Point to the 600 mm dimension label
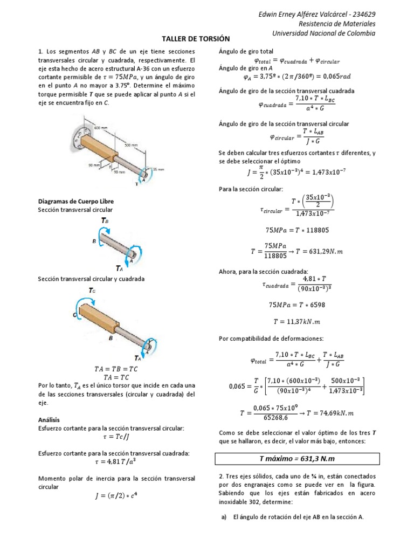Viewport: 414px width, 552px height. tap(101, 128)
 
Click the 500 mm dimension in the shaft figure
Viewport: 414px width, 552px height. tap(130, 146)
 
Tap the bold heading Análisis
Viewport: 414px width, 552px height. tap(49, 419)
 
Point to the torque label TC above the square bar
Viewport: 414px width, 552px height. tap(92, 291)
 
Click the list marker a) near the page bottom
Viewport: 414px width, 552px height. tap(224, 517)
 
